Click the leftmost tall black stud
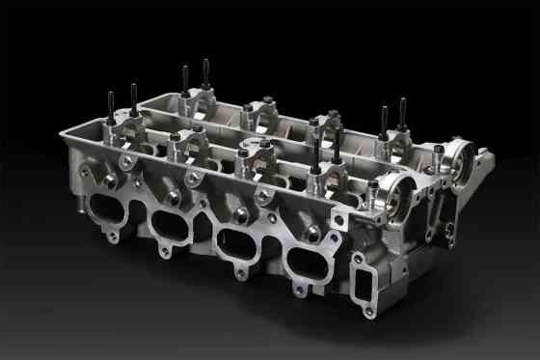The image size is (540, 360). pyautogui.click(x=112, y=106)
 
